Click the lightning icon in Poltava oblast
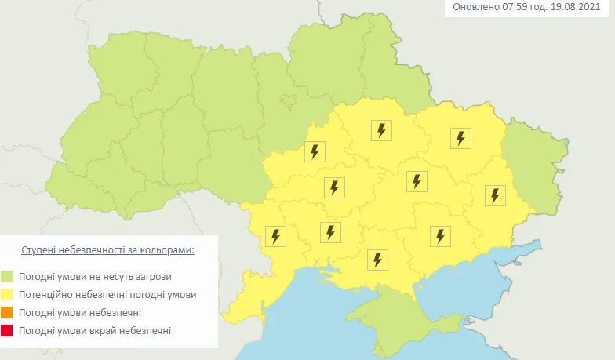point(382,130)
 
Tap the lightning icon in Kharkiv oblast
point(460,138)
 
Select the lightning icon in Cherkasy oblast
point(315,151)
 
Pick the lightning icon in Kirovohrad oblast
point(335,187)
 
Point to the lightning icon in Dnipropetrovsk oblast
point(417,181)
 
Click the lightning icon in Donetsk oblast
point(495,195)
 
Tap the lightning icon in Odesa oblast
point(275,235)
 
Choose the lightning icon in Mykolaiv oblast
point(331,232)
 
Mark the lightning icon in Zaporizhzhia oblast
point(439,235)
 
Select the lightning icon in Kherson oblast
point(378,259)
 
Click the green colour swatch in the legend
point(7,277)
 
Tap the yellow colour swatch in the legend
point(7,295)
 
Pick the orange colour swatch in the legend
point(7,313)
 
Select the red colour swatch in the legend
point(7,331)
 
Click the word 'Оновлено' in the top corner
point(475,8)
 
